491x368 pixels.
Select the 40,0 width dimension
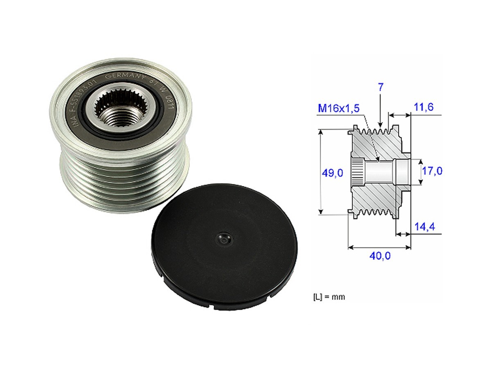(x=380, y=256)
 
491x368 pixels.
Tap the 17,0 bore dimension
(x=432, y=171)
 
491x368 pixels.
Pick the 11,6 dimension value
(x=423, y=107)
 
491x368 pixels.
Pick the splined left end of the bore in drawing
(x=357, y=172)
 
